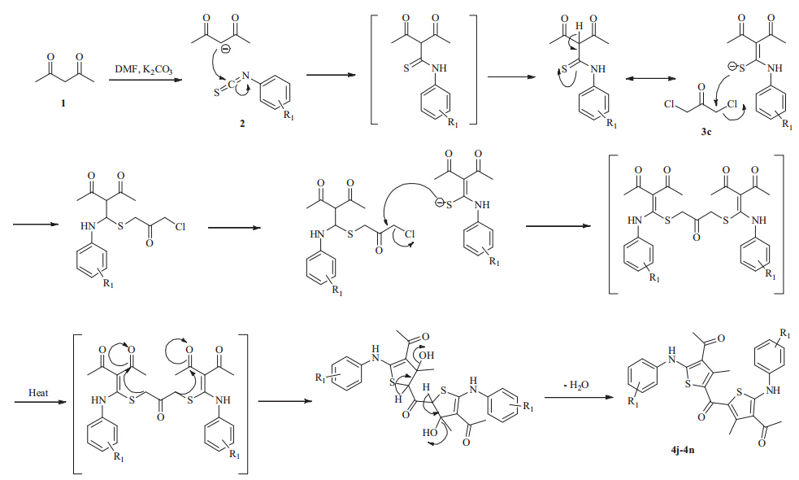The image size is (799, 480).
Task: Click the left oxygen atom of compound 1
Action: [50, 58]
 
